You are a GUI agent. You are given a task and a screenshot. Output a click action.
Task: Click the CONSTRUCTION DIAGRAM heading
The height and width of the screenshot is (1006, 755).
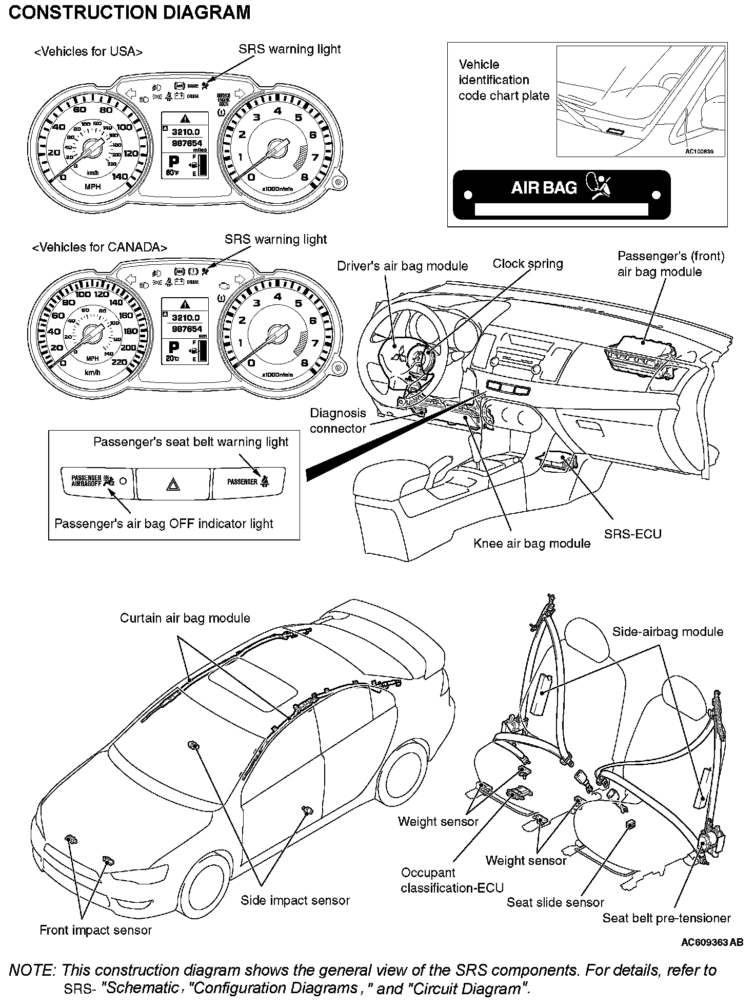(129, 12)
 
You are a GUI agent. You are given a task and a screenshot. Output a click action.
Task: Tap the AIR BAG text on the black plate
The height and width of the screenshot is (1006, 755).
(544, 187)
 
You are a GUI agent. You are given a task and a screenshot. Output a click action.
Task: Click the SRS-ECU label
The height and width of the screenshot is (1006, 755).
(632, 534)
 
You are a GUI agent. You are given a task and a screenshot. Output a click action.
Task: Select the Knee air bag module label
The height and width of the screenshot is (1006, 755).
(532, 544)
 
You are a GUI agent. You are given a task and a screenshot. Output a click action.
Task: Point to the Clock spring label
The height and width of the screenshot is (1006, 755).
(527, 264)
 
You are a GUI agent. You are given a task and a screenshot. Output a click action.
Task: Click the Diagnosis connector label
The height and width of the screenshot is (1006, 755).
(338, 421)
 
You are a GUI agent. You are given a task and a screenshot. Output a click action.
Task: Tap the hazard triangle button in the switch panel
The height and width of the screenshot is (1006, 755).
(173, 483)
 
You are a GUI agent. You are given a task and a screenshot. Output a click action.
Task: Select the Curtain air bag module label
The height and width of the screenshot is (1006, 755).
(185, 618)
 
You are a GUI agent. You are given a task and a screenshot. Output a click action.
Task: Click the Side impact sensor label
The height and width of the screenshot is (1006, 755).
(295, 900)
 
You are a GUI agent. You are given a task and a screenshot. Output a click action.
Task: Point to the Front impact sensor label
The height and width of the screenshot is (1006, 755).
(95, 930)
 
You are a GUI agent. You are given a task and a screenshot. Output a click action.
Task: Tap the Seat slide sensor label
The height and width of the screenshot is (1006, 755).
(555, 902)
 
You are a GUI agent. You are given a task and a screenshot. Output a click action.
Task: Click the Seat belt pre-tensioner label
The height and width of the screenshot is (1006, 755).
(666, 918)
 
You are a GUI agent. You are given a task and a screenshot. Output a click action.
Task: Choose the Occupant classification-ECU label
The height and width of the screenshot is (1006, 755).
(452, 880)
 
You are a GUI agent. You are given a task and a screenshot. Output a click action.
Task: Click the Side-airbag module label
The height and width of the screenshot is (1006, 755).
(667, 632)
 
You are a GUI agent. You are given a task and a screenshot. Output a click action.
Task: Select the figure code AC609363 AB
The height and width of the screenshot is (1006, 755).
(712, 942)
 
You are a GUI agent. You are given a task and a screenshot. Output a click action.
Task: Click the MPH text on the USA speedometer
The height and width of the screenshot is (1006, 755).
(92, 187)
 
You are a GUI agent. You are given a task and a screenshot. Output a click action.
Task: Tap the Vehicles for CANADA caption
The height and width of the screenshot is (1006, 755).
(100, 247)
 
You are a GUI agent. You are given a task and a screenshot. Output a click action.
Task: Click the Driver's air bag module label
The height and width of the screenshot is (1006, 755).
(402, 266)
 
